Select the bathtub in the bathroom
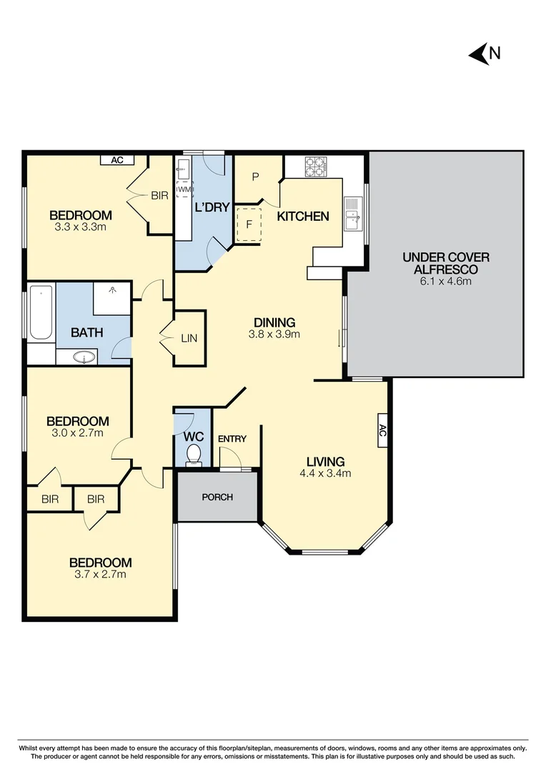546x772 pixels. coord(41,313)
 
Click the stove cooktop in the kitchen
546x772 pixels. coord(316,167)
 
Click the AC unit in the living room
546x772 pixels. coord(382,430)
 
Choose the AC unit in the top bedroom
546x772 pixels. coord(117,160)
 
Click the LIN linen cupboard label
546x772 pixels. coord(189,339)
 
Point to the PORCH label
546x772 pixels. coord(217,497)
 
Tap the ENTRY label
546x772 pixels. coord(232,439)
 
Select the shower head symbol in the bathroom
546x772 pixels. coord(112,291)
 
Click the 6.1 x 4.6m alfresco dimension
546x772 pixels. coord(446,281)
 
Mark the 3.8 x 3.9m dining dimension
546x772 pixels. coord(274,334)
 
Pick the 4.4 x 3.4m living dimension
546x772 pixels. coord(325,472)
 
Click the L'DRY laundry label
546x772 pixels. coord(212,208)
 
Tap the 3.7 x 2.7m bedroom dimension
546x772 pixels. coord(100,574)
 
